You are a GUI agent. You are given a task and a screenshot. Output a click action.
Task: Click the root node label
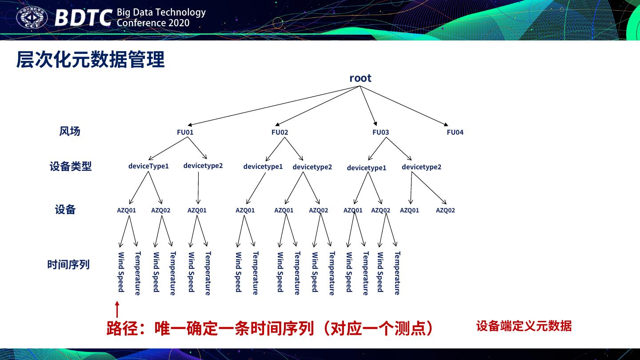click(360, 78)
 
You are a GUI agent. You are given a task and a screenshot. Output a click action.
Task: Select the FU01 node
click(185, 132)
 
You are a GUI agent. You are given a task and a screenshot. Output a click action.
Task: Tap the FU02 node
click(280, 132)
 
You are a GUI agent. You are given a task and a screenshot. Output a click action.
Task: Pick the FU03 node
click(380, 132)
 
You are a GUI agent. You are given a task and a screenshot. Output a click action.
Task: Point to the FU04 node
click(455, 132)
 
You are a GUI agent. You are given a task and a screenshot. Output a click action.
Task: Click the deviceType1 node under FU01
click(148, 166)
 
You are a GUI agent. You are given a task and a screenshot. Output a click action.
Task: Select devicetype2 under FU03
click(421, 167)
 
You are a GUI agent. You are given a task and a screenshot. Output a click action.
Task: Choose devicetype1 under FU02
click(263, 166)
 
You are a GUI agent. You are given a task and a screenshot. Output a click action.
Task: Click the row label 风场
click(70, 131)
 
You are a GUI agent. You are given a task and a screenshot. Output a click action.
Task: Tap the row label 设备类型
click(71, 166)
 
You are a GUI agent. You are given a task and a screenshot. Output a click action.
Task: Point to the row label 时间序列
click(68, 264)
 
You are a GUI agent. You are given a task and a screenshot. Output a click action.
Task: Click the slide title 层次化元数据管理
click(90, 60)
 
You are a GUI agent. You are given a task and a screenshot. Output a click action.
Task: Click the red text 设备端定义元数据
click(524, 326)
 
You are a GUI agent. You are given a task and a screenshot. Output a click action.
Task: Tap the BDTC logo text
click(83, 18)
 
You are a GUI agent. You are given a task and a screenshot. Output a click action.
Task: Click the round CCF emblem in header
click(32, 18)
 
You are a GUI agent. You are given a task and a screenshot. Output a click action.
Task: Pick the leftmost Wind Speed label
click(121, 272)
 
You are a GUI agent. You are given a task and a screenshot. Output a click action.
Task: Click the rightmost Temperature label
click(397, 273)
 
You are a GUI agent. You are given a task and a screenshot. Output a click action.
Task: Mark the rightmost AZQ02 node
click(445, 210)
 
